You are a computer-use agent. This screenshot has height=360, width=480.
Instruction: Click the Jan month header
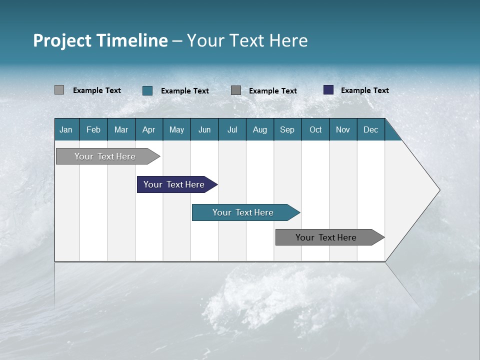click(x=66, y=129)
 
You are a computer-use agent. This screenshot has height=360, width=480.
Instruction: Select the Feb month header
click(x=93, y=129)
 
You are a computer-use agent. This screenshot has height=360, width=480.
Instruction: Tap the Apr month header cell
click(x=149, y=129)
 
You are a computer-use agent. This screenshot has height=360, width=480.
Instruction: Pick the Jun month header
click(x=204, y=129)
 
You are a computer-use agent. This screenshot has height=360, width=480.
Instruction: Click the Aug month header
click(x=260, y=129)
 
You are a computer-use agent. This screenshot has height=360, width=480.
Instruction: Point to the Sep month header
click(x=287, y=129)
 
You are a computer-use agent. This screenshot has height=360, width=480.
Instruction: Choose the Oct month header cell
click(x=315, y=129)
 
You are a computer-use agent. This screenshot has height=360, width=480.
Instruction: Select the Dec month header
click(x=371, y=129)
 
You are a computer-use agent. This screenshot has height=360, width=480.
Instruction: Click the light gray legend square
click(x=59, y=90)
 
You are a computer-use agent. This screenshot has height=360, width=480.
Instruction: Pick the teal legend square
click(x=147, y=90)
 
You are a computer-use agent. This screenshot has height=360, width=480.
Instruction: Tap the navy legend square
click(x=328, y=90)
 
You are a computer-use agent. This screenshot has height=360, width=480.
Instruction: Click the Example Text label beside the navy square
click(x=365, y=90)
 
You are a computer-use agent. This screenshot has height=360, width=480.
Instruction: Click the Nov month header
click(x=343, y=129)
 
